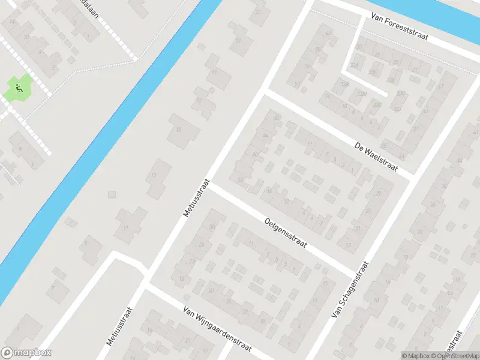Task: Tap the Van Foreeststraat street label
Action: [x=398, y=28]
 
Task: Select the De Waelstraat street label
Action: [x=376, y=157]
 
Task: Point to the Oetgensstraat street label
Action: [x=285, y=236]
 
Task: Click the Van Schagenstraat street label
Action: [x=350, y=289]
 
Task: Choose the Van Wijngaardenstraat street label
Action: [x=217, y=329]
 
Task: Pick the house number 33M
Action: [x=361, y=94]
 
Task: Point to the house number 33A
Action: [x=354, y=66]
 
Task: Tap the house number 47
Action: [x=440, y=86]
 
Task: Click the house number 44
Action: [x=265, y=136]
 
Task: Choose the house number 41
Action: [x=427, y=112]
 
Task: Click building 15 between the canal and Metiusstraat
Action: [x=178, y=130]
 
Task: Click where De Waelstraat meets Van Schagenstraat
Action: [x=413, y=178]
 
